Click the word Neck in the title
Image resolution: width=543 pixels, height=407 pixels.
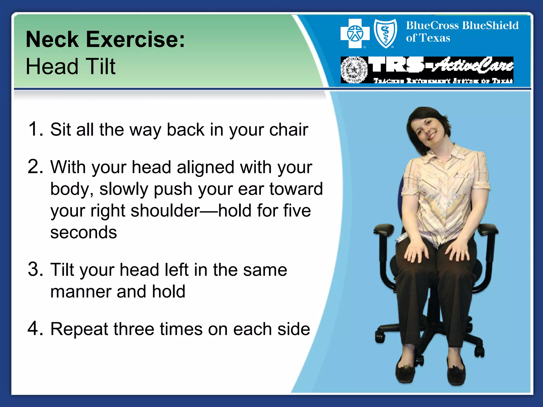(52, 39)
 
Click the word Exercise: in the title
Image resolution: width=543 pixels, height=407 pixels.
(135, 39)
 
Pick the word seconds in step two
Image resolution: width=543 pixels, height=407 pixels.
(84, 232)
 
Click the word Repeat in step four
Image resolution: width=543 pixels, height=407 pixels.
(79, 329)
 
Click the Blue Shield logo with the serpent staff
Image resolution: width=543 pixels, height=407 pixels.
(385, 33)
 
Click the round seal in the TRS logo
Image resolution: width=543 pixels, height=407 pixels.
(354, 70)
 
